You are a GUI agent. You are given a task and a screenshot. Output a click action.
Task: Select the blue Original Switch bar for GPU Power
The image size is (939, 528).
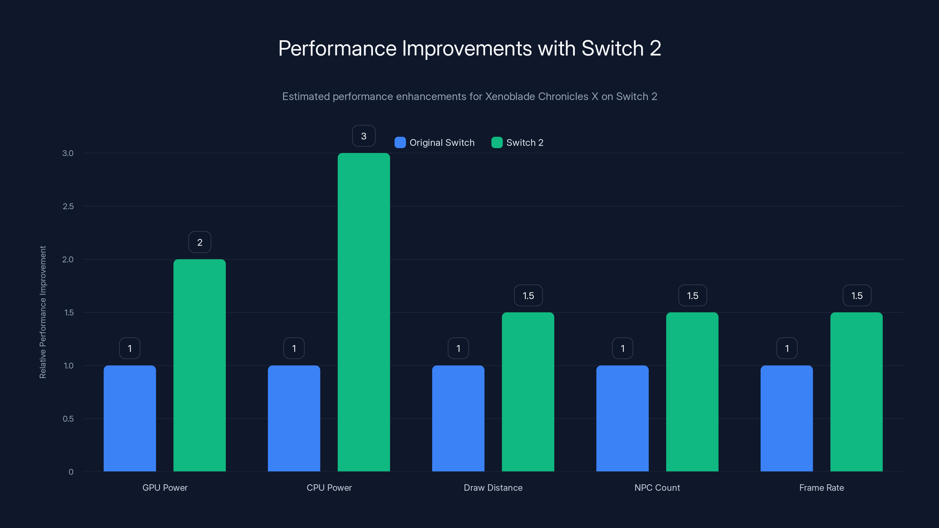point(130,418)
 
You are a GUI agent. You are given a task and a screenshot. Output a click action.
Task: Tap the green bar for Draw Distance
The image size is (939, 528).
point(528,392)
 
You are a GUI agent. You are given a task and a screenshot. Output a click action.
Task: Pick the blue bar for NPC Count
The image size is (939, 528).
point(622,418)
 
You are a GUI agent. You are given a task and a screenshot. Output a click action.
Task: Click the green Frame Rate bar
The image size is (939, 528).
point(856,392)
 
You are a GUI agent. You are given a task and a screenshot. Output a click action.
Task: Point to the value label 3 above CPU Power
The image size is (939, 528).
point(364,136)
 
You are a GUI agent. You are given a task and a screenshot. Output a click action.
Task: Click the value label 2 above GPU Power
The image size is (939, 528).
point(200,242)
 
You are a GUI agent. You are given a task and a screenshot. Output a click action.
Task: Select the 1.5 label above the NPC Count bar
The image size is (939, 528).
point(693,295)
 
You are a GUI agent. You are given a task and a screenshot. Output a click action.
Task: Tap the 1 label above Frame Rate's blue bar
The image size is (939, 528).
point(787,348)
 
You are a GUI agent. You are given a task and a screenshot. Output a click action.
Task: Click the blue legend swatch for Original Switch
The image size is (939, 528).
point(400,143)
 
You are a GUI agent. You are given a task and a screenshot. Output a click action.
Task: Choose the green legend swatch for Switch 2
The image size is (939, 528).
point(497,143)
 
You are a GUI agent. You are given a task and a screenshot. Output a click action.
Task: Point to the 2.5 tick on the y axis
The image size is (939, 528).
point(68,206)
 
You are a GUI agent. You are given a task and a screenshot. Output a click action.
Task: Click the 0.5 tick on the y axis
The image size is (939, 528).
point(68,419)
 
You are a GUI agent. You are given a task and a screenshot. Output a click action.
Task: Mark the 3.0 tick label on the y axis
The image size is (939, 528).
point(68,153)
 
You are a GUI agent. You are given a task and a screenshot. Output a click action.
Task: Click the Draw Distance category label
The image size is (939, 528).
point(493,488)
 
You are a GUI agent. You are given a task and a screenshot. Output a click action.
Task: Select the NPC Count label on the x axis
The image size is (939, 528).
point(657,488)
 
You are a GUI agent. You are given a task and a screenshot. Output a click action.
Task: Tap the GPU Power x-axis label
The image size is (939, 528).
point(165,488)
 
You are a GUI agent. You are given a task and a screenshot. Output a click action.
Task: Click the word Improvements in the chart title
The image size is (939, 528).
point(467,48)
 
